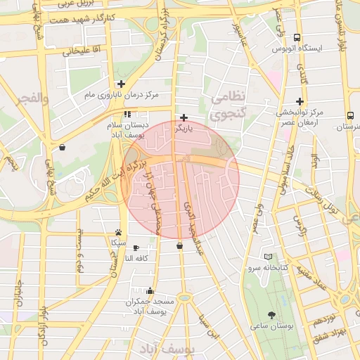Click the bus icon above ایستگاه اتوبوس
tap(297, 37)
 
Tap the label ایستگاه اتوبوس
tap(297, 49)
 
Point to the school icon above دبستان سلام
tap(127, 113)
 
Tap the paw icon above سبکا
tap(118, 232)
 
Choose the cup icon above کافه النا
tap(136, 247)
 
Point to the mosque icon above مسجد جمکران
tap(150, 290)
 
